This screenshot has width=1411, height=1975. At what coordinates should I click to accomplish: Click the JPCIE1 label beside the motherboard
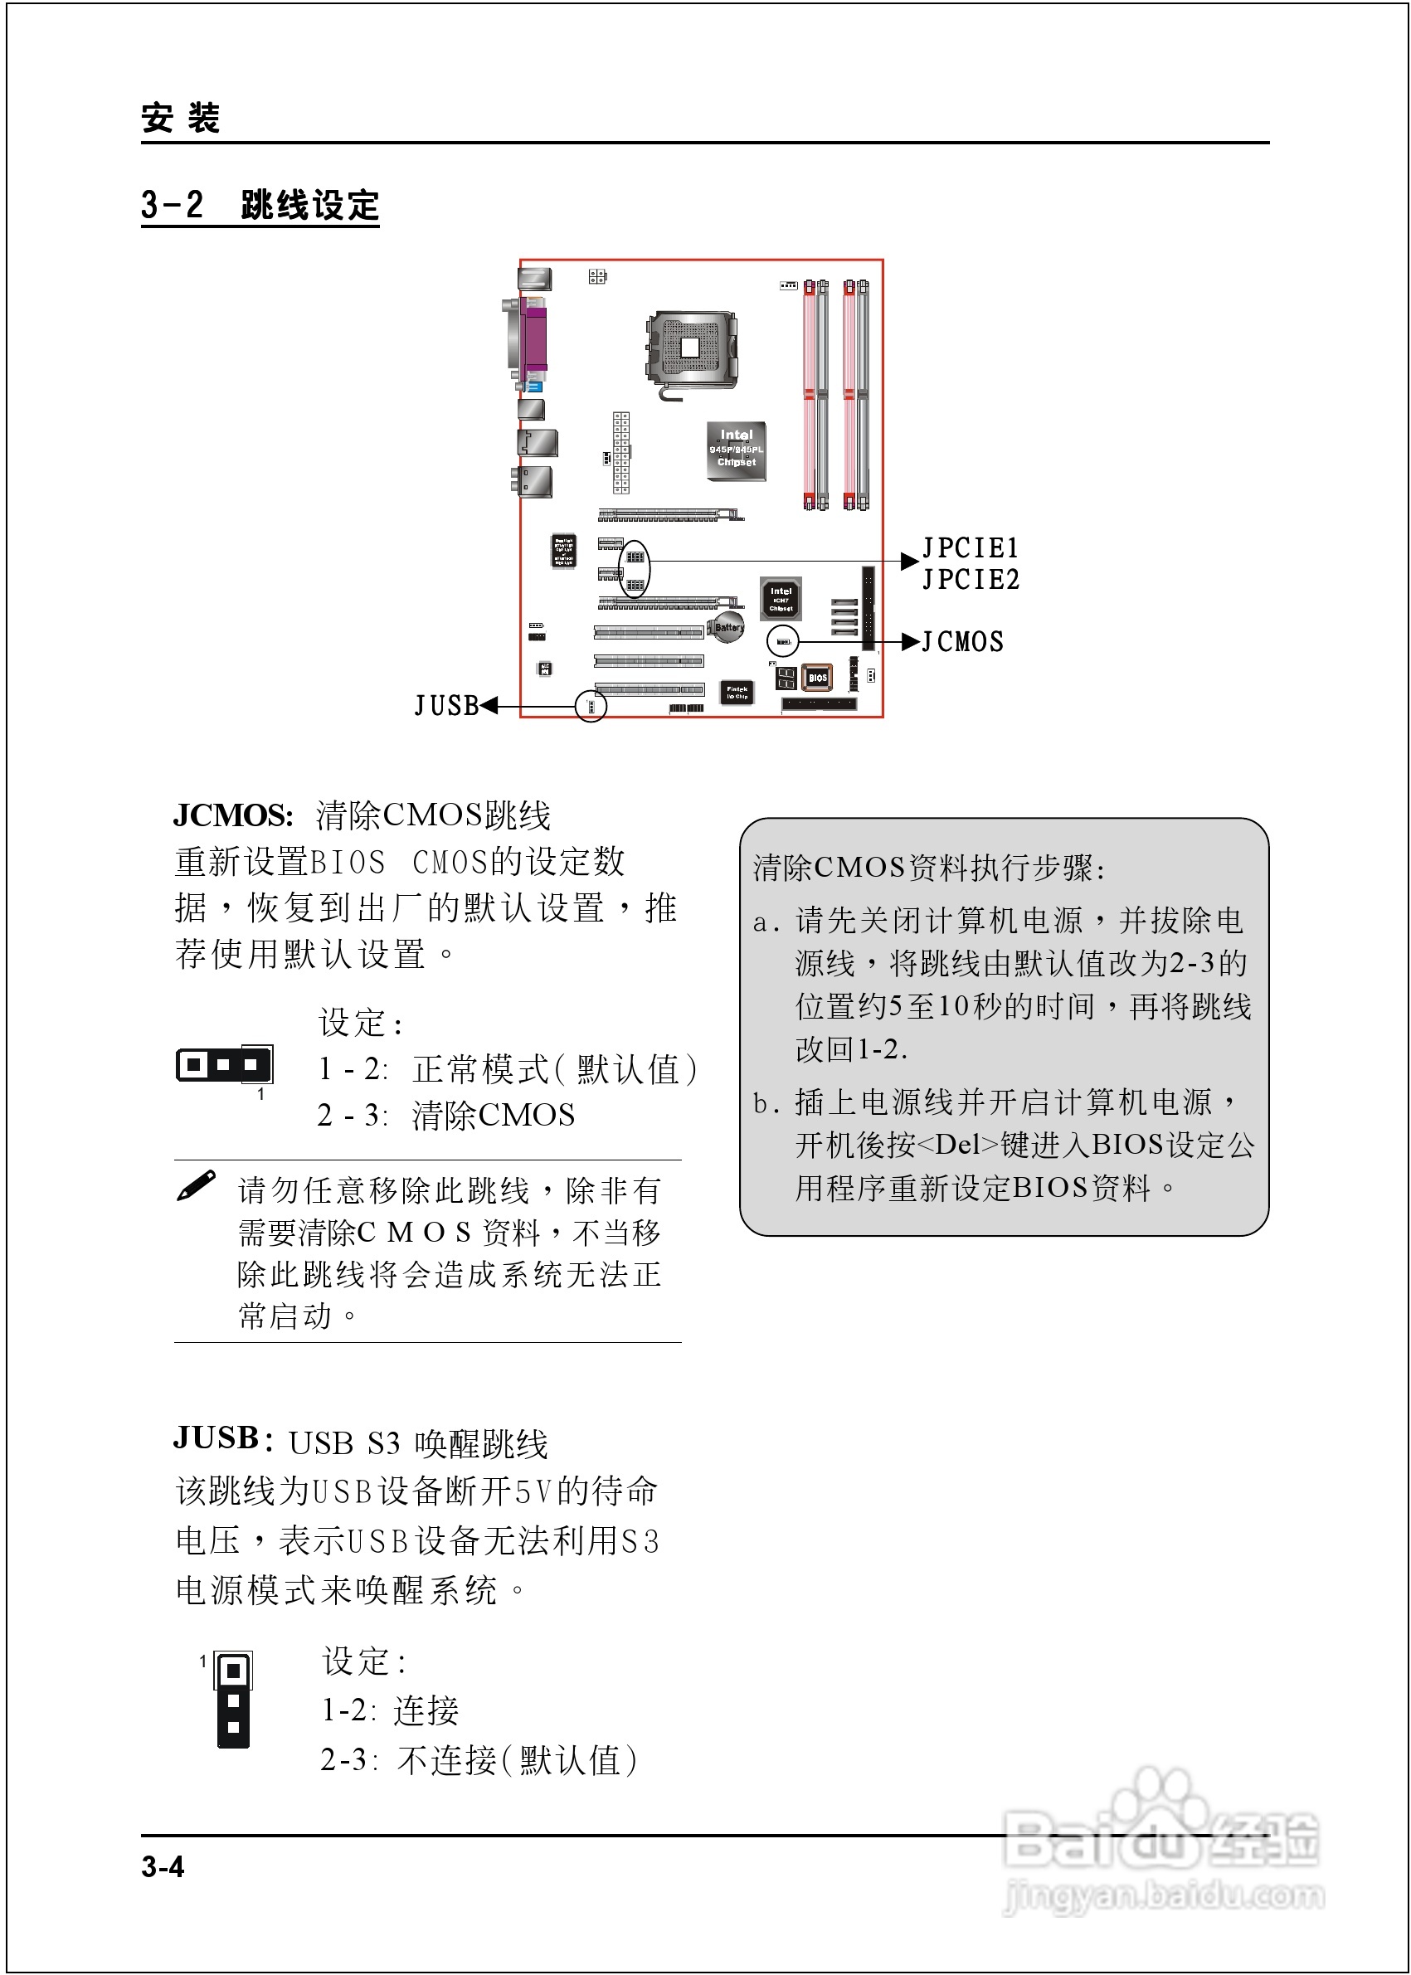(x=970, y=547)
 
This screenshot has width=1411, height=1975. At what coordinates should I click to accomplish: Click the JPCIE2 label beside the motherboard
(x=970, y=579)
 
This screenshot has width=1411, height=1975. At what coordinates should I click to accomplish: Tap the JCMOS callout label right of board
(x=963, y=642)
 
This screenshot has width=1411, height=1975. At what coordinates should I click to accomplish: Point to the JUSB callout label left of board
(x=446, y=706)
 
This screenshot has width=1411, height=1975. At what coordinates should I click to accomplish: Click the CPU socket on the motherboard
(x=691, y=348)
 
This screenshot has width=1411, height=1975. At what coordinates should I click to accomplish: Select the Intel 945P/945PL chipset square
(x=736, y=450)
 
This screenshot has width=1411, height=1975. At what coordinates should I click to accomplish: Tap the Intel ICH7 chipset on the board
(x=781, y=599)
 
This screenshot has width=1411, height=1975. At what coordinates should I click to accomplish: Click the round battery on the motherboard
(x=727, y=627)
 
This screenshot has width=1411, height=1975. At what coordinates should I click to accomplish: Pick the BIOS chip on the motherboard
(x=817, y=678)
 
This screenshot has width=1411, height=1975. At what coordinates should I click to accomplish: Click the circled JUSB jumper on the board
(x=591, y=706)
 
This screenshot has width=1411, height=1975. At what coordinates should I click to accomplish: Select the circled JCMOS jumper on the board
(x=783, y=642)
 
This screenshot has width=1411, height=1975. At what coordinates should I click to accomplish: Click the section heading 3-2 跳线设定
(x=260, y=206)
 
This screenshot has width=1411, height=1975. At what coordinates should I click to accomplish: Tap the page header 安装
(x=181, y=117)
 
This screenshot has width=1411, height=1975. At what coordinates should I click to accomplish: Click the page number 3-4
(x=163, y=1866)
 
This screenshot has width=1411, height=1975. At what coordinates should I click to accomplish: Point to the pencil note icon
(x=197, y=1185)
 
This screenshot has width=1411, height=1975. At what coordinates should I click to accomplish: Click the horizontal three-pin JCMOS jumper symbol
(x=224, y=1064)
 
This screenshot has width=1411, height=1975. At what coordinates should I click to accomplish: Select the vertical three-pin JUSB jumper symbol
(x=233, y=1699)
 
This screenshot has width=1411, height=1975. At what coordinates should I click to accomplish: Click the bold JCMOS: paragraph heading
(x=233, y=815)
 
